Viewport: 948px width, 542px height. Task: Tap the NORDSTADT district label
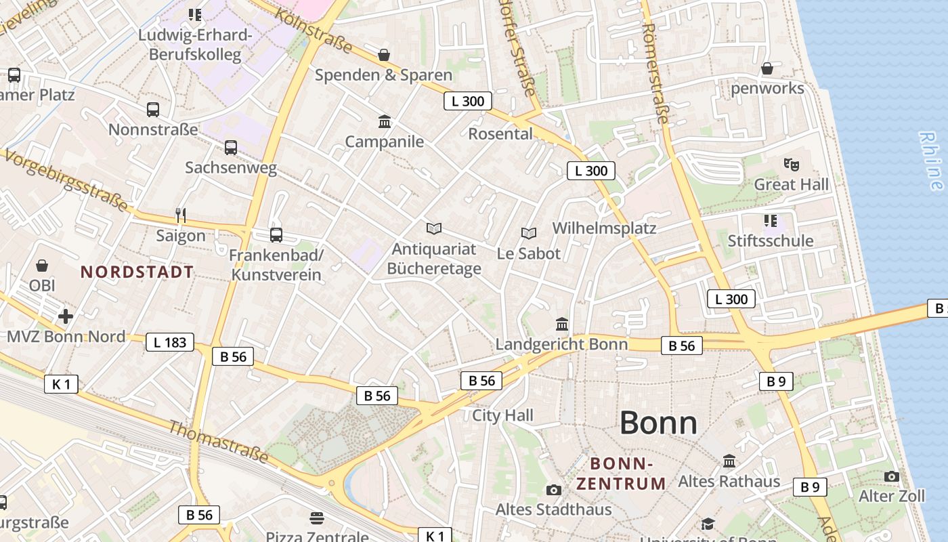point(137,272)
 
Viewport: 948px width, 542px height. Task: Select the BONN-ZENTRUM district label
point(621,474)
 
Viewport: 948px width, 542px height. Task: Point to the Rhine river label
point(931,161)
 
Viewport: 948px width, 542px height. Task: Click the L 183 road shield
point(170,342)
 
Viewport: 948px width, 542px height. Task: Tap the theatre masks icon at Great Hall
point(790,164)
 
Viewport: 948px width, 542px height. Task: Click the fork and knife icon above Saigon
point(180,215)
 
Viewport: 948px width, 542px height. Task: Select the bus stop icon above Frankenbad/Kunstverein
point(276,235)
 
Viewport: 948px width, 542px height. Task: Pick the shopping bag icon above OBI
point(42,266)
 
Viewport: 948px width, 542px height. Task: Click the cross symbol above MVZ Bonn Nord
point(66,316)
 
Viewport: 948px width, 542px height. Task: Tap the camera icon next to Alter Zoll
point(892,476)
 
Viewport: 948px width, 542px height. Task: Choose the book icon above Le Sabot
point(529,233)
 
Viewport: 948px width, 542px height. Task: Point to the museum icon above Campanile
point(385,121)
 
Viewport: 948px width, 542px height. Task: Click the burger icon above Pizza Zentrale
point(317,518)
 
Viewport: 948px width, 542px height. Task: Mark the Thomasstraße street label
point(217,442)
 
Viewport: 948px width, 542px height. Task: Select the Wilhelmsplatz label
point(604,228)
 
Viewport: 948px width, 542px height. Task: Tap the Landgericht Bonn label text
point(561,344)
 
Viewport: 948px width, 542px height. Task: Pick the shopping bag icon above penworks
point(767,68)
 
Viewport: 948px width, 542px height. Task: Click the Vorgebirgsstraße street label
point(66,180)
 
